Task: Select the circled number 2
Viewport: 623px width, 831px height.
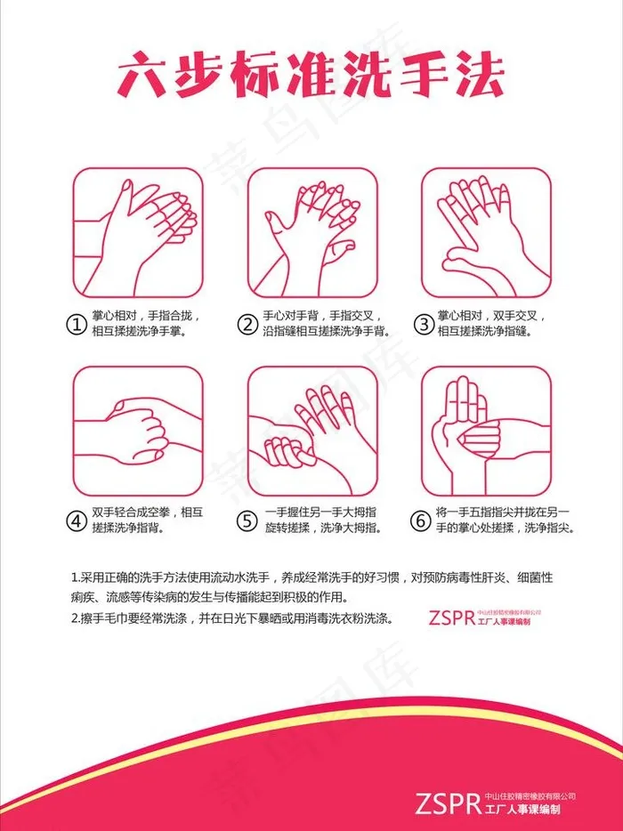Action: (x=247, y=324)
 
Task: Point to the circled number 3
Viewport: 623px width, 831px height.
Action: (x=424, y=324)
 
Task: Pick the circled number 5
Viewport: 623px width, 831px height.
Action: (x=247, y=520)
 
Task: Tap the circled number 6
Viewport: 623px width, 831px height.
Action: (x=421, y=520)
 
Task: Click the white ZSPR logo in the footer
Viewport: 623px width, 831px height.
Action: (x=449, y=803)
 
